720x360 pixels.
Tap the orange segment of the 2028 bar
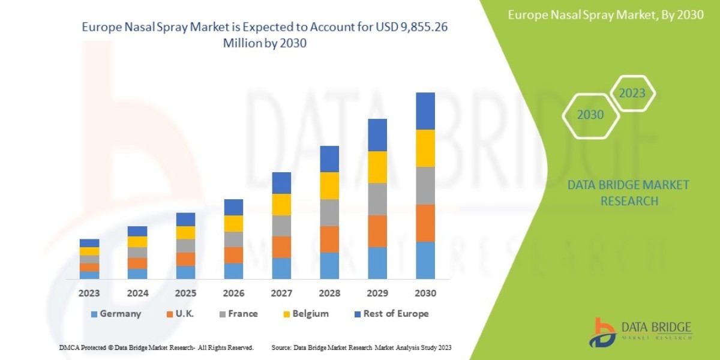(329, 239)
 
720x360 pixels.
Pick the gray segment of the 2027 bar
(281, 226)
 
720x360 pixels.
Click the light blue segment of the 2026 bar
(233, 271)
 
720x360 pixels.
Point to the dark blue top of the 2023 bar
(89, 243)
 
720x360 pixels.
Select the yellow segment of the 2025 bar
(185, 233)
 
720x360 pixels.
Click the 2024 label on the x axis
(137, 294)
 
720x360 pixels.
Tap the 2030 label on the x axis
(425, 294)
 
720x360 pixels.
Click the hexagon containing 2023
(632, 94)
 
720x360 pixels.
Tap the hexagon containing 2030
(590, 115)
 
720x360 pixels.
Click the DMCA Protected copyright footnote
(156, 347)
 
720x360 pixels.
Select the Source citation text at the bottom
(361, 347)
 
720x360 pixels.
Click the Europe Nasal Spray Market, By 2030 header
(605, 16)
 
